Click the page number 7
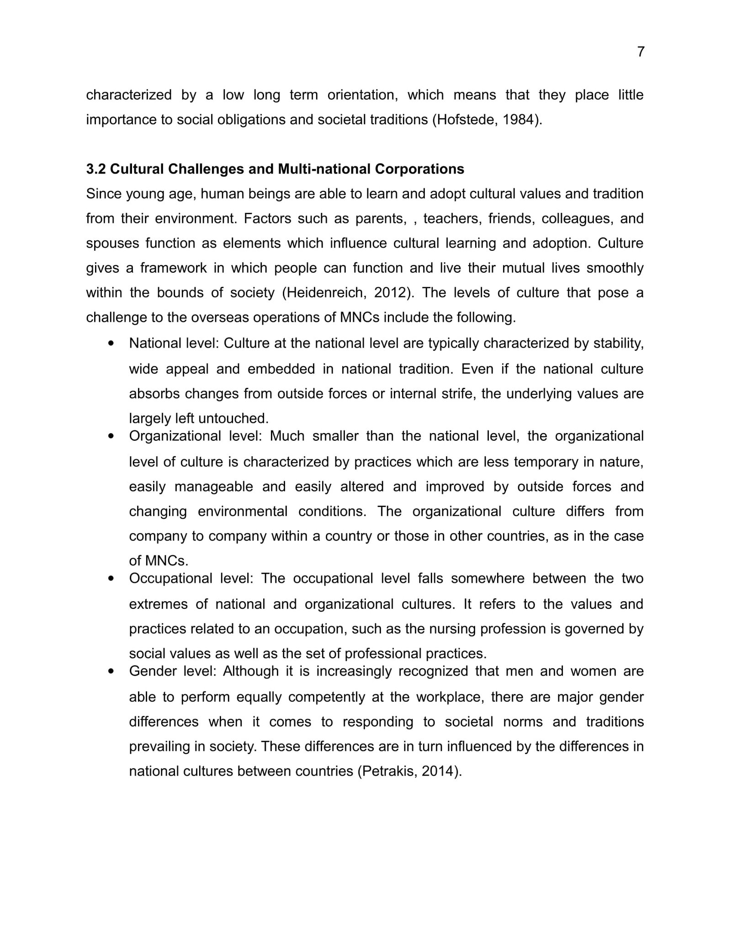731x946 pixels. [641, 52]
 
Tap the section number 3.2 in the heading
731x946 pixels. [96, 169]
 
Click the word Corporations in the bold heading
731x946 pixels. [419, 169]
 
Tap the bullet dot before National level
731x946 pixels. [111, 343]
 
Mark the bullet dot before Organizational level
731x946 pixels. [111, 436]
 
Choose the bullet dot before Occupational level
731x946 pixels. [111, 579]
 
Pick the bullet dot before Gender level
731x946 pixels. [111, 671]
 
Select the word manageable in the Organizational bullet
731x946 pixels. [213, 486]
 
